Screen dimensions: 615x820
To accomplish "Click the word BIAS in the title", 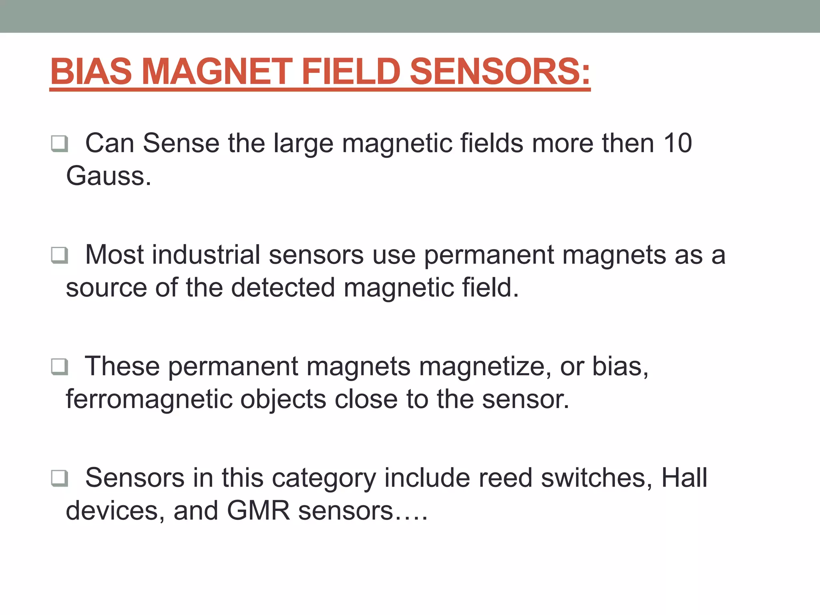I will point(91,72).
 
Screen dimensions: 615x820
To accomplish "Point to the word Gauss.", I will point(109,176).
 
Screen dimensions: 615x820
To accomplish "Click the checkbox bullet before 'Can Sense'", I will point(59,143).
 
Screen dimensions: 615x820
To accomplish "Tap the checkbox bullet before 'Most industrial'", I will point(59,255).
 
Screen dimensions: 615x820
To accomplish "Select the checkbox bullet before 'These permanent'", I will point(59,366).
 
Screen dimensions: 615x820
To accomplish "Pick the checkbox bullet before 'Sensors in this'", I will point(59,478).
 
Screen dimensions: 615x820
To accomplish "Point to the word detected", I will point(283,287).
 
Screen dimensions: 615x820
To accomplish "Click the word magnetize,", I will point(485,366).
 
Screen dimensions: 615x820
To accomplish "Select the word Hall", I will point(684,478).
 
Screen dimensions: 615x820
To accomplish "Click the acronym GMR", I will point(258,511).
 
